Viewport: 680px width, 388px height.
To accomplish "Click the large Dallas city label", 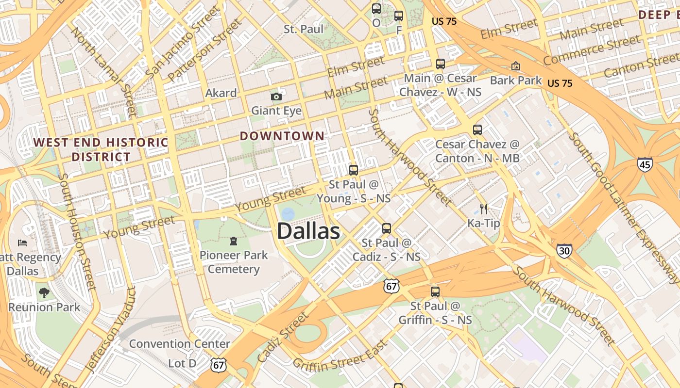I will pyautogui.click(x=308, y=231).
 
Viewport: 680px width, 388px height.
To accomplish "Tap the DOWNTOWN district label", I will pyautogui.click(x=282, y=136).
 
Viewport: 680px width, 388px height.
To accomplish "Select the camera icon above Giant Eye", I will pyautogui.click(x=276, y=97).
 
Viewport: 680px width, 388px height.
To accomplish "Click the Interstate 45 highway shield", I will pyautogui.click(x=645, y=164).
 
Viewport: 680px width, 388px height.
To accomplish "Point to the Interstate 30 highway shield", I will pyautogui.click(x=564, y=250).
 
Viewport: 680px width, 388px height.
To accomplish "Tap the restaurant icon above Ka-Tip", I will pyautogui.click(x=484, y=209).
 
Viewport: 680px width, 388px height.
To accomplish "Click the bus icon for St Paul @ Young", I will pyautogui.click(x=354, y=170).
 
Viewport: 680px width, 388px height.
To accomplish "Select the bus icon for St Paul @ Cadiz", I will pyautogui.click(x=387, y=228).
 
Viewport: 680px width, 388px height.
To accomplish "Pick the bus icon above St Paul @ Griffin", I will pyautogui.click(x=435, y=291).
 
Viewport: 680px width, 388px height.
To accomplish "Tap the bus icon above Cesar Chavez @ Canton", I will pyautogui.click(x=477, y=129).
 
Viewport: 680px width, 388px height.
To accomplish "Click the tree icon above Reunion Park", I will pyautogui.click(x=44, y=292).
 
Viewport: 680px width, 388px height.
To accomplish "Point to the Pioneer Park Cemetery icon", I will pyautogui.click(x=234, y=241).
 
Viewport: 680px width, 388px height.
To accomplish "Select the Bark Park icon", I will pyautogui.click(x=515, y=66).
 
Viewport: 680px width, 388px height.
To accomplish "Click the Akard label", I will pyautogui.click(x=221, y=93).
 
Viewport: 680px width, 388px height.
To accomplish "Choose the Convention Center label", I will pyautogui.click(x=179, y=344).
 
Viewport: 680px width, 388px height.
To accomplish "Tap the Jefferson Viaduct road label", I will pyautogui.click(x=111, y=330).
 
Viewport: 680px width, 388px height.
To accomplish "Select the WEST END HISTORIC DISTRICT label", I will pyautogui.click(x=101, y=149).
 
